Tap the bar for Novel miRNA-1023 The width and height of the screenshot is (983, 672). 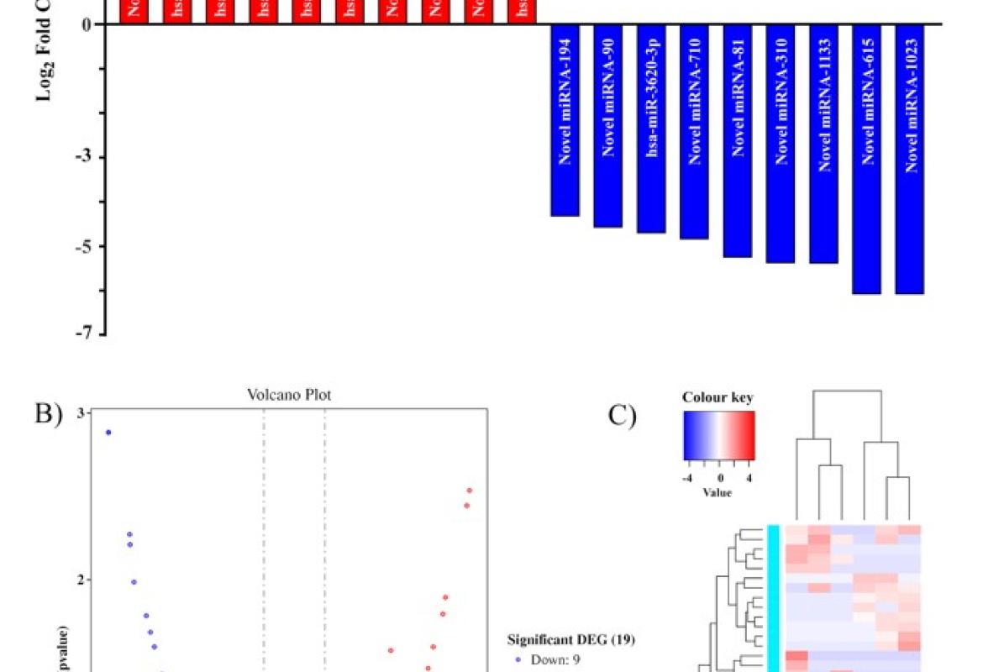tap(909, 159)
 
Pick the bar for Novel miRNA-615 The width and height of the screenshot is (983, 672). tap(866, 159)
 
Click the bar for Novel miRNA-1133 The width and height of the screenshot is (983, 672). tap(823, 144)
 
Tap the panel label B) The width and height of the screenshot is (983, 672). tap(47, 414)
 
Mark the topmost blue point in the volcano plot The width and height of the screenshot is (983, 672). tap(108, 433)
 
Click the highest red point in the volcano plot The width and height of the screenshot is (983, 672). tap(470, 490)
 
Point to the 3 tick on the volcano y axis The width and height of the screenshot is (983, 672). tap(82, 412)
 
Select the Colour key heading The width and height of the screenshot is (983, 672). tap(718, 397)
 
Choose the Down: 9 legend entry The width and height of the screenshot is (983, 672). tap(553, 659)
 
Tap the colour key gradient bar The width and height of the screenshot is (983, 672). tap(718, 435)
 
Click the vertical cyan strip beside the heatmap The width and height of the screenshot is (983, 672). tap(774, 596)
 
